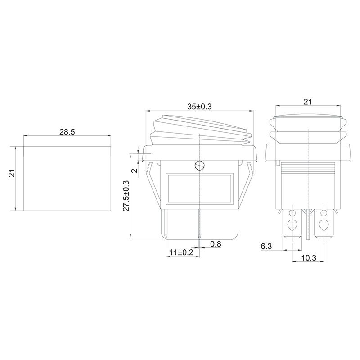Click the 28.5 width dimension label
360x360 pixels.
tap(67, 132)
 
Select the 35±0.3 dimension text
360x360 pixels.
tap(199, 107)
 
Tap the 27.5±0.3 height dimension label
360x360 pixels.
tap(126, 196)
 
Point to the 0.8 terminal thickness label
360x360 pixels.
tap(216, 244)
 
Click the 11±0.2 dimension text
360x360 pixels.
tap(181, 252)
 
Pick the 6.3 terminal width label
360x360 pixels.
tap(266, 246)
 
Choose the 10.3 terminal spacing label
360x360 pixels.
tap(309, 258)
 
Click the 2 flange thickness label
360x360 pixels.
tap(135, 171)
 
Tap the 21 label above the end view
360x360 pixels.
tap(308, 102)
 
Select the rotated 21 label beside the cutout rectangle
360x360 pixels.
tap(12, 174)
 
